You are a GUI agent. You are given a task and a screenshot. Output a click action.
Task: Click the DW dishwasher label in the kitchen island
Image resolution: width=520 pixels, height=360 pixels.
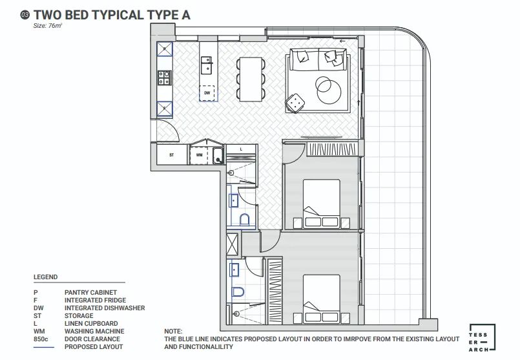coord(207,93)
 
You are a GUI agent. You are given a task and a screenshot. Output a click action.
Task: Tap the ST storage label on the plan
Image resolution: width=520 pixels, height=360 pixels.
coord(171,155)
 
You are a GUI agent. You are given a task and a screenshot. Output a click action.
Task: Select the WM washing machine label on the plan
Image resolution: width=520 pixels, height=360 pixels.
coord(200,154)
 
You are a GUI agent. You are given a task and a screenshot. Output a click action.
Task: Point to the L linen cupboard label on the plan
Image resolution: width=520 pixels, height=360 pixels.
coord(241,149)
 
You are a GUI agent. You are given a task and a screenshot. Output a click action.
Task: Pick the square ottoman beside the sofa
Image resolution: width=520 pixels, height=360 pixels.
coord(295,103)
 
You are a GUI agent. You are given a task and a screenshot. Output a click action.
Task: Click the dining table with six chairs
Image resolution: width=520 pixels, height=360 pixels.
coord(251,79)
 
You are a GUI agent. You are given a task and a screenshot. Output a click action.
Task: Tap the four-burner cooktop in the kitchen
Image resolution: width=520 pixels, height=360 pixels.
coord(165,78)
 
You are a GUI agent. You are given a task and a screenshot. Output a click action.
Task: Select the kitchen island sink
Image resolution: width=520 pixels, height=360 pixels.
coord(207,65)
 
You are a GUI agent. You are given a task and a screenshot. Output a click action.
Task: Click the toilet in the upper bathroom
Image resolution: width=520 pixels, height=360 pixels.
coord(244,220)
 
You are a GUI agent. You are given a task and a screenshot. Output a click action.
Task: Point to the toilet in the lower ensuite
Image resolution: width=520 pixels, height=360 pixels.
coord(238,291)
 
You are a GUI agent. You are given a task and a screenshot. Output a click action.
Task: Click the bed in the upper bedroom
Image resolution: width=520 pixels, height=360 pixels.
coord(321,204)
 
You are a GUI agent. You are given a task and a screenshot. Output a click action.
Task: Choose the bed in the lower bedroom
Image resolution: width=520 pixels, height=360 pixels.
coord(321,299)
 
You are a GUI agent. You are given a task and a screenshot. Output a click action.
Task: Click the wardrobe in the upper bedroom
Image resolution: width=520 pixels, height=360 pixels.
coord(333,149)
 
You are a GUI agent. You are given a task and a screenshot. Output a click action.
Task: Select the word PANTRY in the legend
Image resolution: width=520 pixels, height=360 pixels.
coord(78,293)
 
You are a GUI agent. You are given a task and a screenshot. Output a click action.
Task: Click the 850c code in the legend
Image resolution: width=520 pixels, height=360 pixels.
coord(41,339)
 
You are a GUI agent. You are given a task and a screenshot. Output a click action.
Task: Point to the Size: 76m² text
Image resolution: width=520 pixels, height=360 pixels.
coord(47,26)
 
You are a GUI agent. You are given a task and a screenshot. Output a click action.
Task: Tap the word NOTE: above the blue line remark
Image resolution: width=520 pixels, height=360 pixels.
coord(173,331)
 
